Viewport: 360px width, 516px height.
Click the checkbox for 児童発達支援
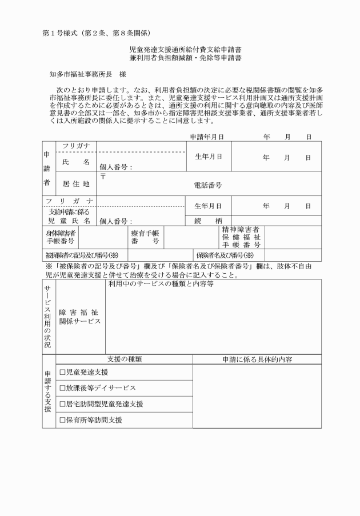[62, 373]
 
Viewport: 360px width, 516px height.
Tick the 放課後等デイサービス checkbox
[62, 388]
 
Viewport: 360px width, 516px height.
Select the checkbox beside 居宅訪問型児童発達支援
[62, 404]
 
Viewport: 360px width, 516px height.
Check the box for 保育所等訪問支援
[62, 420]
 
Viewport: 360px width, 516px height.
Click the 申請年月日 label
[207, 137]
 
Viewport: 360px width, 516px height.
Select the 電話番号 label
[208, 185]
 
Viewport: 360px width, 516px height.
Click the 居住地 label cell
[76, 185]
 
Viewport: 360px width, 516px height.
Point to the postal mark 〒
[103, 176]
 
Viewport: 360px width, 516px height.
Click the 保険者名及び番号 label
[225, 255]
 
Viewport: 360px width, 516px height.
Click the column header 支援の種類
[124, 359]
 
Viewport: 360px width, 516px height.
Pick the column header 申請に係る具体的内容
[257, 359]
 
